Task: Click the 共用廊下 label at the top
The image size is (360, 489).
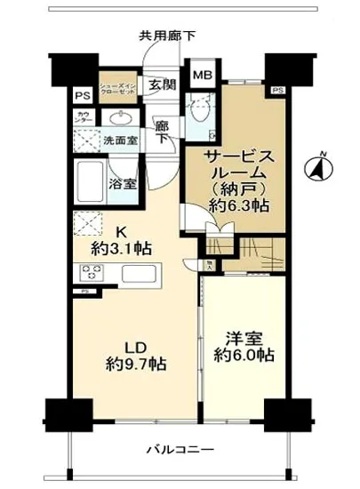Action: click(167, 36)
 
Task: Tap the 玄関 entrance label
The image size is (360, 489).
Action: click(162, 84)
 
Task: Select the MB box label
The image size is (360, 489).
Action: click(203, 76)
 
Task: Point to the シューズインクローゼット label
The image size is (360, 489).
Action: click(117, 84)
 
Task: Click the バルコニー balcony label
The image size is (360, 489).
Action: click(172, 449)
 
